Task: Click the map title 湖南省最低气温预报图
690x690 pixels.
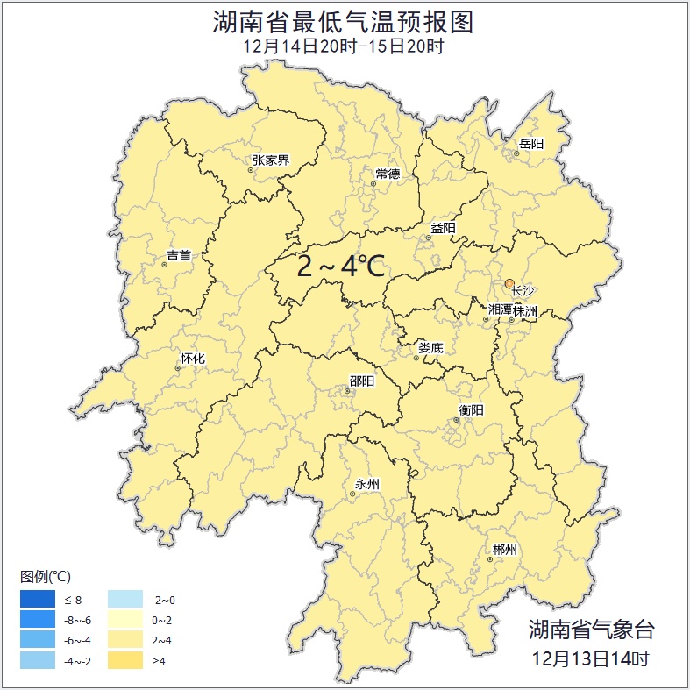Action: coord(344,22)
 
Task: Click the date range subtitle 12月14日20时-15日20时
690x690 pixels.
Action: coord(344,47)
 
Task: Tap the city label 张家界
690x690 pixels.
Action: coord(271,160)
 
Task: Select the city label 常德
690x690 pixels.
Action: coord(388,174)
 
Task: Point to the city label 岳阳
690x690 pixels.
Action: coord(531,144)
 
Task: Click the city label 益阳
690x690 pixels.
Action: coord(443,228)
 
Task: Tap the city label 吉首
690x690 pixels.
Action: coord(178,255)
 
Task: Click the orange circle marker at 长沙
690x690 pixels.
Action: coord(509,283)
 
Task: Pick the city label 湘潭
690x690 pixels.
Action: coord(500,309)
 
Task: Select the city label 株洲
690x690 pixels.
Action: coord(524,310)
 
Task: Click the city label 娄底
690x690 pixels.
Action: coord(430,348)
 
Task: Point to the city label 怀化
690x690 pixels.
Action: coord(192,359)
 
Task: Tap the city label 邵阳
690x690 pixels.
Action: coord(361,381)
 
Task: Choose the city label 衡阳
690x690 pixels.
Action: coord(471,409)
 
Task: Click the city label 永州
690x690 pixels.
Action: coord(366,484)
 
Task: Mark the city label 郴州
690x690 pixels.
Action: coord(504,550)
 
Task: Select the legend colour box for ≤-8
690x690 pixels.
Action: coord(39,600)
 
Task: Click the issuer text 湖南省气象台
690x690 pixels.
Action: coord(591,629)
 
